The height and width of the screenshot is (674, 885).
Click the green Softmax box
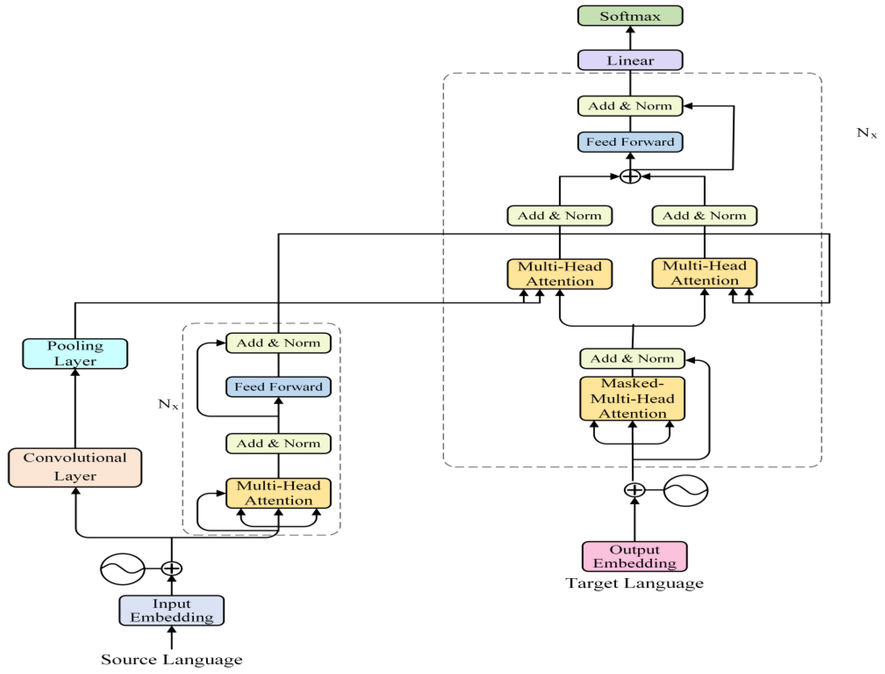[630, 16]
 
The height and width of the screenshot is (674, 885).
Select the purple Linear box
[630, 60]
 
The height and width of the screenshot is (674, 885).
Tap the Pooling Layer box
[75, 353]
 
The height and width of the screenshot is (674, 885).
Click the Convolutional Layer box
[75, 467]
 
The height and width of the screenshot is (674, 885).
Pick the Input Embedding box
[172, 610]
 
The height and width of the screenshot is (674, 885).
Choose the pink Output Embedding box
[634, 556]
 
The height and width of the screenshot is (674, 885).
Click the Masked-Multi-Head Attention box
[632, 398]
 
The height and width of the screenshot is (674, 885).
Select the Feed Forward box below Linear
[630, 142]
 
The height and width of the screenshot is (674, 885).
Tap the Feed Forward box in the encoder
[278, 387]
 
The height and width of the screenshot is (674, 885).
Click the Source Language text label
[172, 659]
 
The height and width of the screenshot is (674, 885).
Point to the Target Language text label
[634, 583]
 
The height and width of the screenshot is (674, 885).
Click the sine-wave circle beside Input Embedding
[122, 569]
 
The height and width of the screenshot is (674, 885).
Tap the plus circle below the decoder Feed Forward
[630, 176]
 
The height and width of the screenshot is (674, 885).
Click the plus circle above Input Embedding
[172, 568]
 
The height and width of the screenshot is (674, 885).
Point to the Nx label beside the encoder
[168, 404]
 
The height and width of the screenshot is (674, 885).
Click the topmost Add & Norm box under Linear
[630, 106]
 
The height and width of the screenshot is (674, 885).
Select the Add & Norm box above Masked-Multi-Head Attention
[632, 358]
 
